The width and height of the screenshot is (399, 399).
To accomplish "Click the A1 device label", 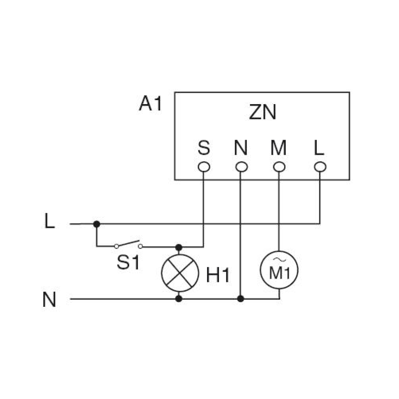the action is [x=150, y=103].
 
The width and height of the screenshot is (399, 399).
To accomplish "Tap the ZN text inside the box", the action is [x=263, y=112].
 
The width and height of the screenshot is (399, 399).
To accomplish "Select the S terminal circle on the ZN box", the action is [x=204, y=167].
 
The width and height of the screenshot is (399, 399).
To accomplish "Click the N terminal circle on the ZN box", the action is [x=241, y=167].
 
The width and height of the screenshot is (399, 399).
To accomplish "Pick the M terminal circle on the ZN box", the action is [x=279, y=167].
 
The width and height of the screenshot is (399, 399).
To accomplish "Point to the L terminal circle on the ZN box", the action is [x=320, y=167].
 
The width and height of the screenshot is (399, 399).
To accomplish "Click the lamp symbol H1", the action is [x=180, y=273].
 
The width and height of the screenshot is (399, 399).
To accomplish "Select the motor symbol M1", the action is [x=279, y=270].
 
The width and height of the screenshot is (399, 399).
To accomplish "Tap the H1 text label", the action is [x=218, y=275].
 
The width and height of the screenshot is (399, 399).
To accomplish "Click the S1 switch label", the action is [x=128, y=263].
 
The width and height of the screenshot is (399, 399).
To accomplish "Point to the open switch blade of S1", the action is [x=128, y=243].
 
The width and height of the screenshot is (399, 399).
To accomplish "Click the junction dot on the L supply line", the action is [x=97, y=224].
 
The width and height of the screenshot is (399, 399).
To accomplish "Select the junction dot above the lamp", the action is [x=179, y=247].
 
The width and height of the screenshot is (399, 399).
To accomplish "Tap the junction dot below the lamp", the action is [x=179, y=299].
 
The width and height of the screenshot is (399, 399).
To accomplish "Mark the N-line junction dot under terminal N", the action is [x=241, y=299].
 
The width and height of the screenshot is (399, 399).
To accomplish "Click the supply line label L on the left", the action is [x=49, y=221].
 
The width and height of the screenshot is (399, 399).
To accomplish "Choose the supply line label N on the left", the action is [x=49, y=300].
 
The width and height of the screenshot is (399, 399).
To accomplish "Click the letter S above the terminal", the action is [x=204, y=147].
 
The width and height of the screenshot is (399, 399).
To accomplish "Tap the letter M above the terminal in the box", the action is [x=279, y=147].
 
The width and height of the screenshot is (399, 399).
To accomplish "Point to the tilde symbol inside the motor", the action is [x=279, y=260].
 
